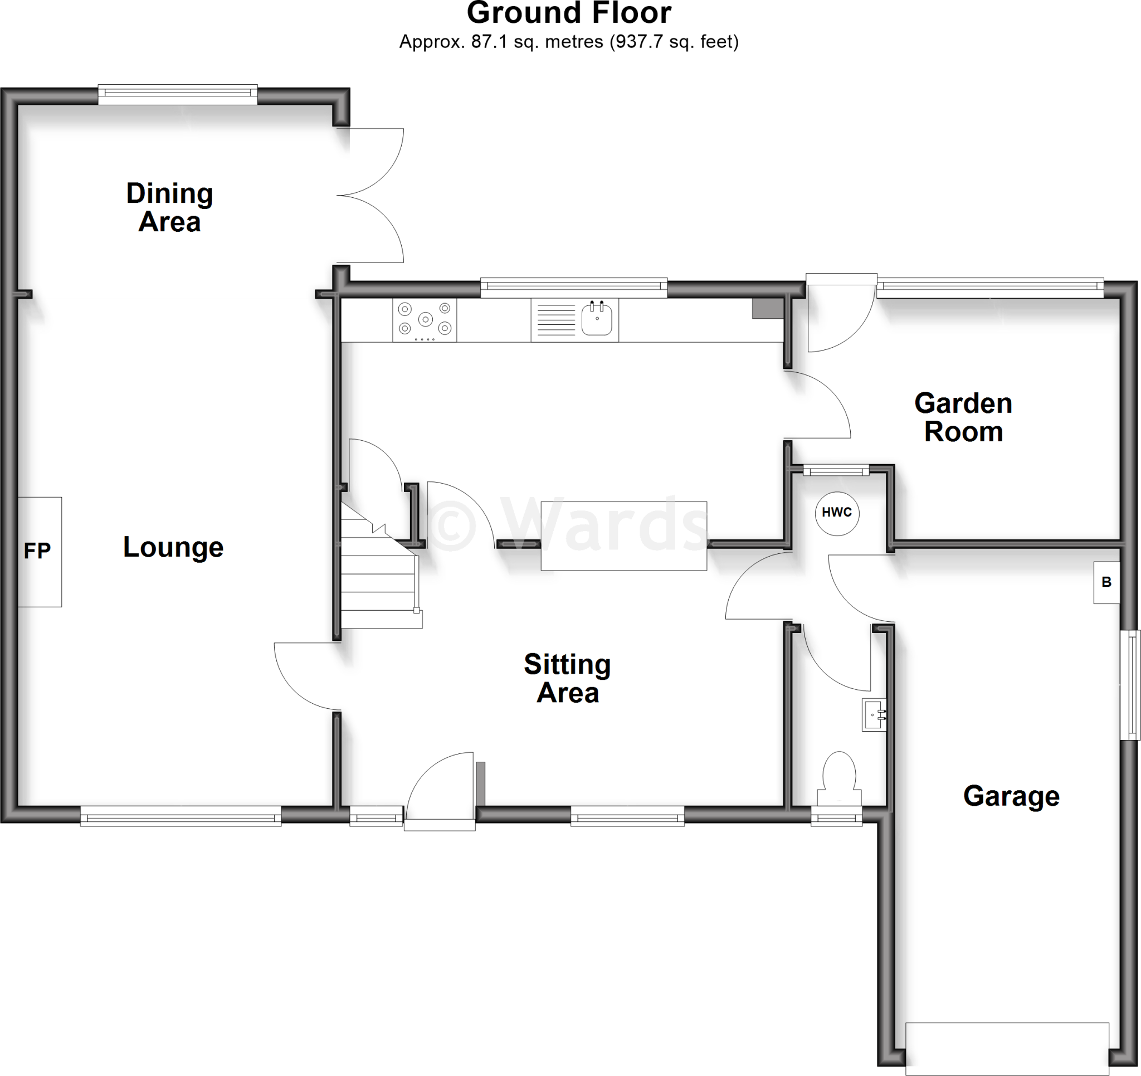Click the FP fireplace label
click(38, 551)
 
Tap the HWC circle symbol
click(837, 513)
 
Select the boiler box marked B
click(1106, 582)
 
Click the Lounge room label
click(173, 547)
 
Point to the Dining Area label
click(169, 207)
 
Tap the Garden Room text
click(963, 417)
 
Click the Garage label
click(1011, 796)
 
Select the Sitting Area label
click(568, 678)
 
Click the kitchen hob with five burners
click(425, 320)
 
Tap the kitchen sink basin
click(597, 319)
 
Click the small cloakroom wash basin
click(874, 714)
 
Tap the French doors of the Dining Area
click(373, 195)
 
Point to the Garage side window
click(1130, 684)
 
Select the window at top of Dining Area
click(178, 95)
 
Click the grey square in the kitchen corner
click(767, 308)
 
